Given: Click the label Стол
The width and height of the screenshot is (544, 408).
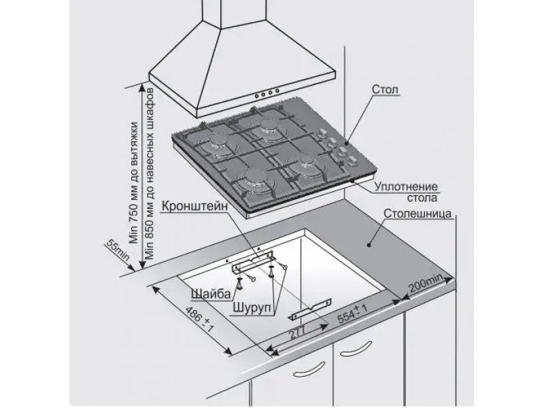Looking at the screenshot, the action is (385, 89).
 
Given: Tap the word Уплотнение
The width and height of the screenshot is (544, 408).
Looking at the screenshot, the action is (406, 186).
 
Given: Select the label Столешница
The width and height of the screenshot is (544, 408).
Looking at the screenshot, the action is (418, 214).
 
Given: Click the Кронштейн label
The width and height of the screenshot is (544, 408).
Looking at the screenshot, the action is (195, 206).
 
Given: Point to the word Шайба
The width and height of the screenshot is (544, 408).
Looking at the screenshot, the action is (211, 294).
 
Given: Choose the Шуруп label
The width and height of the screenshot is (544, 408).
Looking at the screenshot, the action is (252, 307).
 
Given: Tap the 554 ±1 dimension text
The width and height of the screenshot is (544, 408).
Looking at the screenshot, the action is (352, 313).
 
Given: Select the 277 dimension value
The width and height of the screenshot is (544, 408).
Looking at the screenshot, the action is (297, 333).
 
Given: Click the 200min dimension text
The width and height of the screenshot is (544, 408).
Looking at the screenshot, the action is (426, 283).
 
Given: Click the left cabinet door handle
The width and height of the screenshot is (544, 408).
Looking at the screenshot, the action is (309, 369).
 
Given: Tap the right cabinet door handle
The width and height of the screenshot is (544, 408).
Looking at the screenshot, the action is (356, 349).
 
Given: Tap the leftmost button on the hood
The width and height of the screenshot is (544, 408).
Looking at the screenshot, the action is (256, 95).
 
